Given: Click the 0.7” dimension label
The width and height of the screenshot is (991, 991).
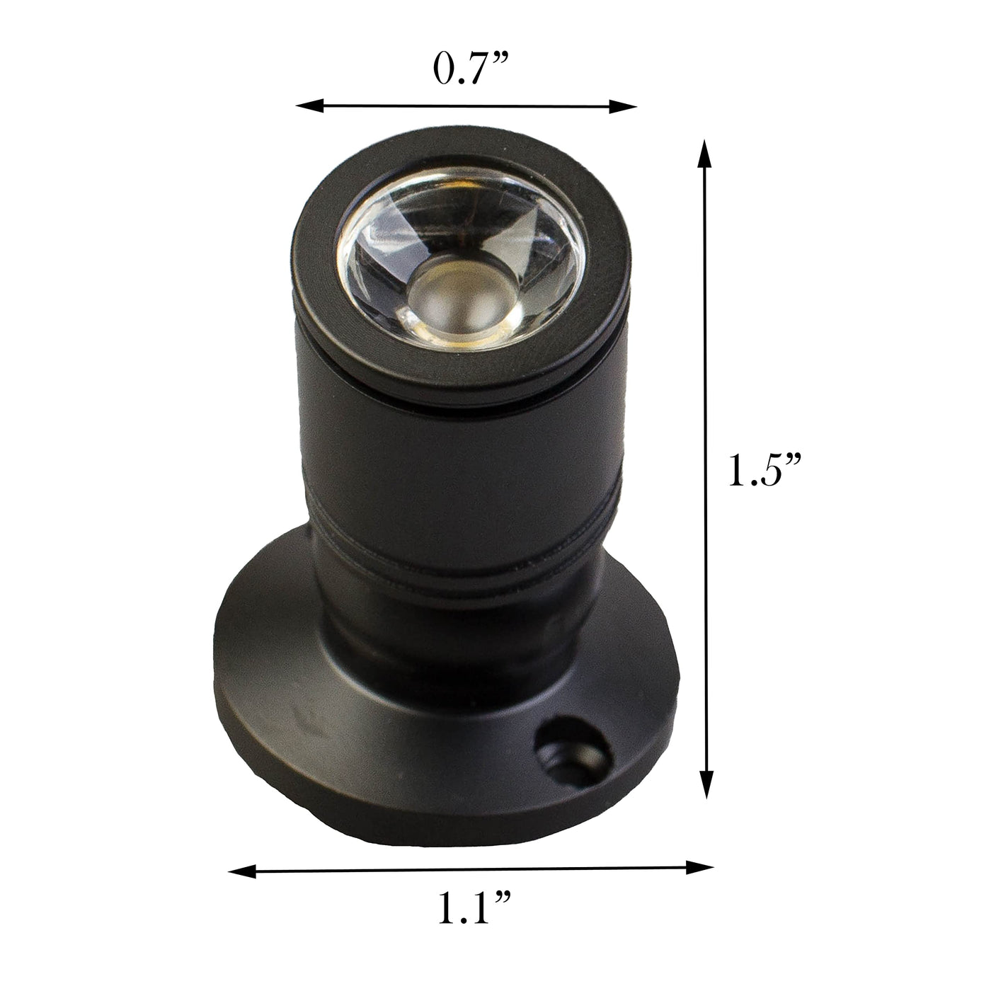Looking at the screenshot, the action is [470, 68].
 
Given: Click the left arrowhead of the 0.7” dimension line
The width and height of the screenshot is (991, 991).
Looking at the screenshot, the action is [309, 106].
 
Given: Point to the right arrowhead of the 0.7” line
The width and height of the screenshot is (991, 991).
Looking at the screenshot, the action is [623, 106].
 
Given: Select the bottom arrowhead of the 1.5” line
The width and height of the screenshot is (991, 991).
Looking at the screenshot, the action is [707, 783].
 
